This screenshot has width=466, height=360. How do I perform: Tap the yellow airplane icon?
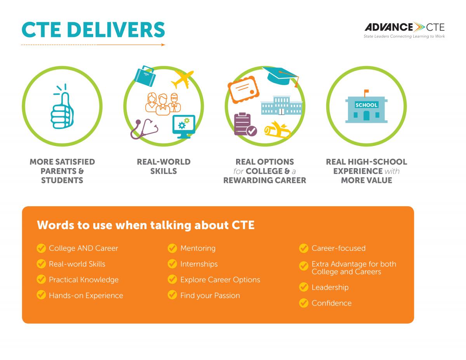[x=182, y=79]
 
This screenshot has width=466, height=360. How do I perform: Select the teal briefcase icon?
[x=145, y=76]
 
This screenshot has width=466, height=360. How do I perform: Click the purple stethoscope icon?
[x=144, y=129]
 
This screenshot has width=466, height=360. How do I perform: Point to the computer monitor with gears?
[x=184, y=127]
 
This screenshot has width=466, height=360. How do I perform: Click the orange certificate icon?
[x=243, y=90]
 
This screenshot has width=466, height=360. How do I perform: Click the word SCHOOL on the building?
[x=366, y=105]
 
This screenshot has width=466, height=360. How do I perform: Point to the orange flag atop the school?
[x=367, y=92]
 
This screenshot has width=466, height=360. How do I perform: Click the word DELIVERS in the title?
[x=116, y=30]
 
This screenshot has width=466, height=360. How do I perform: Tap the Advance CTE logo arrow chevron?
[x=419, y=27]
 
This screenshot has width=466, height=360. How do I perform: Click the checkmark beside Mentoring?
[x=172, y=248]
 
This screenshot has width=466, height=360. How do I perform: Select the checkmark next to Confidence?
[x=304, y=303]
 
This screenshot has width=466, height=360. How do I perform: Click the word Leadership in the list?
[x=330, y=287]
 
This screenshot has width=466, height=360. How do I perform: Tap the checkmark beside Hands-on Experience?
[x=41, y=295]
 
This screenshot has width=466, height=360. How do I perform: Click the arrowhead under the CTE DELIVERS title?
[x=163, y=45]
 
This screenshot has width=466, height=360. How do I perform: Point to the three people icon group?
[x=163, y=104]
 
